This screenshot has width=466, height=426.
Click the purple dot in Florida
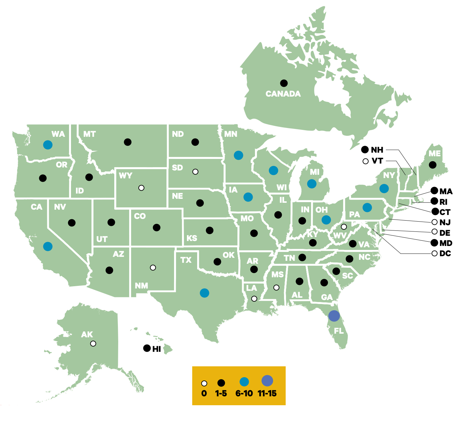pos(334,316)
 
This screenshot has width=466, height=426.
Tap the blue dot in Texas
pos(204,293)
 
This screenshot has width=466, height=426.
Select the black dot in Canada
pos(284,83)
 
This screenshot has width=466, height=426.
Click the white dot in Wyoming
pos(141,188)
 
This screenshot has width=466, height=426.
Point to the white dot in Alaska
pos(93,344)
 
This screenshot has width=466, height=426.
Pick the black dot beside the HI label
pos(147,348)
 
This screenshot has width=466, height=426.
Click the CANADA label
pos(283,94)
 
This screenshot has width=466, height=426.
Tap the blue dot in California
pos(48,246)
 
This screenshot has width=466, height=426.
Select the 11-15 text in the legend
pos(267,393)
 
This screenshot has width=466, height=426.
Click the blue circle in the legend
pos(244,382)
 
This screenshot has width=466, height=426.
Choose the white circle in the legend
pos(204,383)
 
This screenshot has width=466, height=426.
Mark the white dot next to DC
pos(435,253)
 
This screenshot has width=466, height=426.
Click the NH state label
pos(377,150)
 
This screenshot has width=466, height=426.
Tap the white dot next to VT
pos(365,161)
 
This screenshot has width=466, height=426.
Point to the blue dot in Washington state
pos(48,145)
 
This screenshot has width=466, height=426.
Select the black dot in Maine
pos(432,165)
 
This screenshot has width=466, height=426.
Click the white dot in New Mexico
pos(153,268)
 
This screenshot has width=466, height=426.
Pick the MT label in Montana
pos(89,134)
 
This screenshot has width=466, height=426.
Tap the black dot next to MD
pos(435,243)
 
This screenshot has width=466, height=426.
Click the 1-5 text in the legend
pos(221,393)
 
